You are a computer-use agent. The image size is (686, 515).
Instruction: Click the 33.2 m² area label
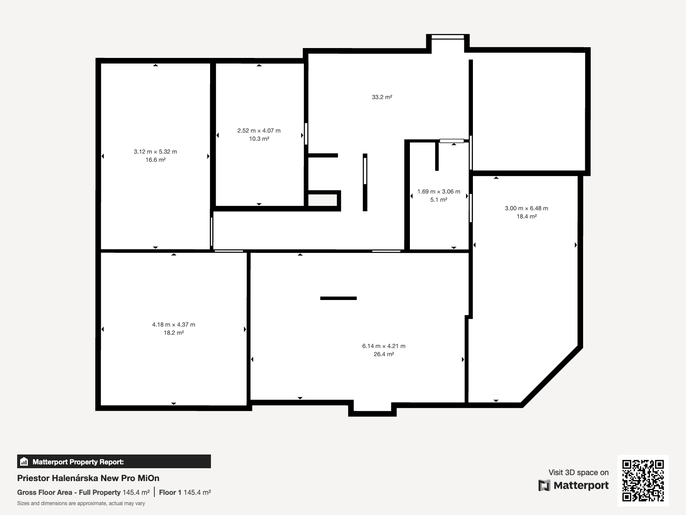pyautogui.click(x=382, y=97)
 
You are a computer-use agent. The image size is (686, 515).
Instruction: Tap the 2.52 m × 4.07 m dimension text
pyautogui.click(x=259, y=131)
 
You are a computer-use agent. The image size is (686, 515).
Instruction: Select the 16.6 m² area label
pyautogui.click(x=155, y=160)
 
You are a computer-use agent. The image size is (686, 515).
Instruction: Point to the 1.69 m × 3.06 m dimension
pyautogui.click(x=439, y=191)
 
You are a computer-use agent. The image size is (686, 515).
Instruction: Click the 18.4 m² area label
pyautogui.click(x=527, y=216)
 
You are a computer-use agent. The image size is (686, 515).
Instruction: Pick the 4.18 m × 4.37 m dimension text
pyautogui.click(x=174, y=324)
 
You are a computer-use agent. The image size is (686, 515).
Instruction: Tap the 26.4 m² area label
pyautogui.click(x=384, y=354)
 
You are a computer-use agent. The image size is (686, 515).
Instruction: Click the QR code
pyautogui.click(x=643, y=481)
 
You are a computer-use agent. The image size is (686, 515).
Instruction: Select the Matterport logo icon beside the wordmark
pyautogui.click(x=544, y=485)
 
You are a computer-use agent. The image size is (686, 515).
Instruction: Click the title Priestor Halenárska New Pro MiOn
pyautogui.click(x=88, y=478)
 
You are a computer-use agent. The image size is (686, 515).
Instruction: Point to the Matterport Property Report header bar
pyautogui.click(x=114, y=461)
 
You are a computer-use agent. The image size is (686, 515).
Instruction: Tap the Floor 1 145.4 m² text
pyautogui.click(x=185, y=493)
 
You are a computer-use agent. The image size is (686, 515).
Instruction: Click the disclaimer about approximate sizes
pyautogui.click(x=81, y=503)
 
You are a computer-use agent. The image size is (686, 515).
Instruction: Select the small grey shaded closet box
pyautogui.click(x=322, y=200)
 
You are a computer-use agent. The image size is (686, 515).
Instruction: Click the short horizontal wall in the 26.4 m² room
pyautogui.click(x=338, y=298)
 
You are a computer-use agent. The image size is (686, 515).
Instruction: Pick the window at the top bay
pyautogui.click(x=448, y=37)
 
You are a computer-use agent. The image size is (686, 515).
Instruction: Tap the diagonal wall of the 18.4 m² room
pyautogui.click(x=552, y=376)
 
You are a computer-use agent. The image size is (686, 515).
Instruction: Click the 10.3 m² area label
pyautogui.click(x=259, y=139)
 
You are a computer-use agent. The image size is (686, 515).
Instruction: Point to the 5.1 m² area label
pyautogui.click(x=439, y=200)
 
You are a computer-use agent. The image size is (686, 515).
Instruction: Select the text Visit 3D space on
pyautogui.click(x=578, y=473)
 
